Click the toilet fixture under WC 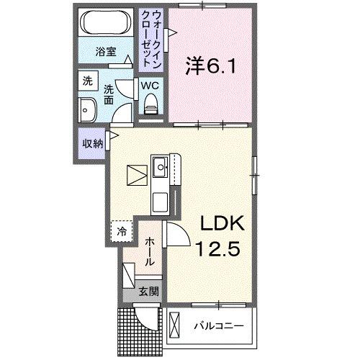coord(151,107)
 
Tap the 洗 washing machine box coord(86,81)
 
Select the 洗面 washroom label coord(108,95)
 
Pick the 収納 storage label coord(92,143)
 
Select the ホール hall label coord(149,252)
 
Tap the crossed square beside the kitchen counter coord(137,176)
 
